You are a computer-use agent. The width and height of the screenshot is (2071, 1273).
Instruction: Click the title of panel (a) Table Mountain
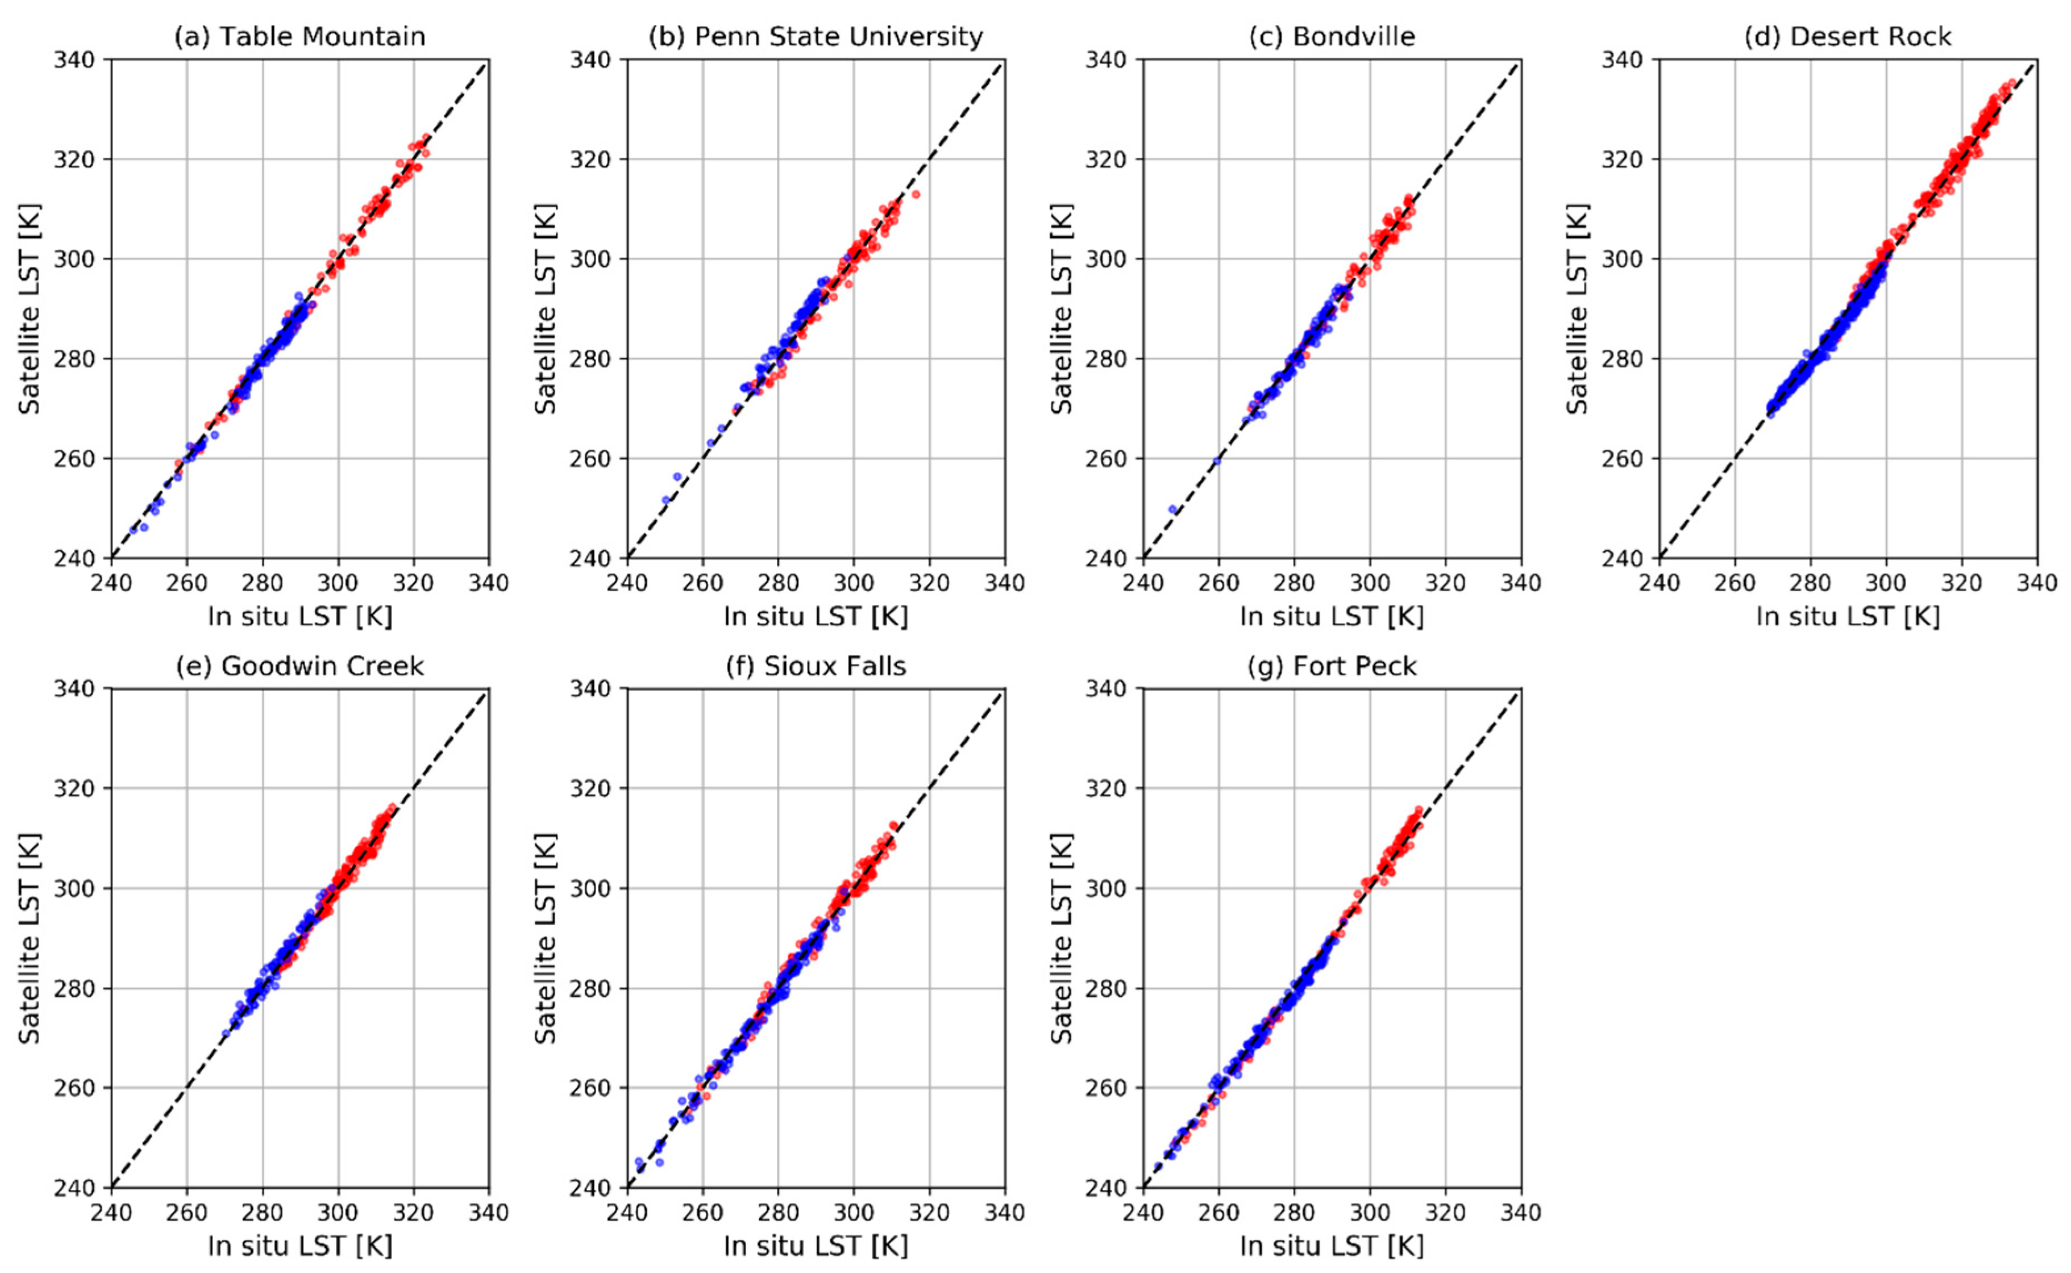pos(299,36)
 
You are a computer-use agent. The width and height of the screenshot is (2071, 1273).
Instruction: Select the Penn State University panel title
pos(815,36)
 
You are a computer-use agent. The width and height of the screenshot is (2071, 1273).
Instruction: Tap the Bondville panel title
pos(1331,36)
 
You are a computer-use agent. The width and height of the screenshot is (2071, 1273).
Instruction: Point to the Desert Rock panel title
pos(1847,36)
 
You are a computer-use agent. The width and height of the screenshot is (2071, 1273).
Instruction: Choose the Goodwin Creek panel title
pos(299,666)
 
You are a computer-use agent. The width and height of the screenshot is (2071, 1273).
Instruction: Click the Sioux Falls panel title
pos(815,666)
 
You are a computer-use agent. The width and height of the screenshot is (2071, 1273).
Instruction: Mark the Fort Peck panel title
pos(1331,666)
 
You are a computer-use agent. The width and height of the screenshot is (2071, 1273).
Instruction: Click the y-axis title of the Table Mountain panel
pos(29,308)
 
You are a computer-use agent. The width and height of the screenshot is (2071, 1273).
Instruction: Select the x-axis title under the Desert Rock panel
pos(1847,616)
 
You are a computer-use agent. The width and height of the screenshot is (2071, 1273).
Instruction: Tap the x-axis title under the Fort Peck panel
pos(1331,1245)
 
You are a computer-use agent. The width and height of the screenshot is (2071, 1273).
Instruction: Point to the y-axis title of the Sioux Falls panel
pos(545,938)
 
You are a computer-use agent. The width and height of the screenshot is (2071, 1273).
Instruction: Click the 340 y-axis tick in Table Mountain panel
pos(73,60)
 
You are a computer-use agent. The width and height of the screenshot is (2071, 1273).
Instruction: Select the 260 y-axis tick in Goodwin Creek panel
pos(73,1088)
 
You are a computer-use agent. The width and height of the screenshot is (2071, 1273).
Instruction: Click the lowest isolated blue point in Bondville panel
pos(1173,509)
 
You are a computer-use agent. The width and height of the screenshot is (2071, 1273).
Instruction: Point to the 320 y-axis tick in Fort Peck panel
pos(1104,788)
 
